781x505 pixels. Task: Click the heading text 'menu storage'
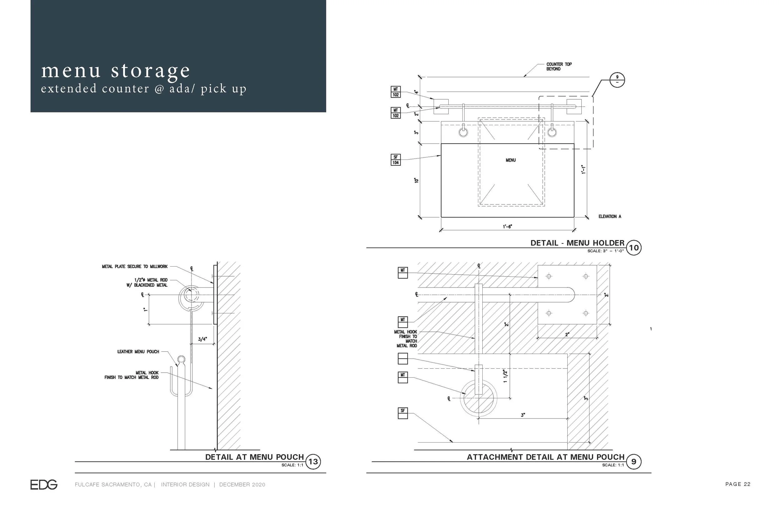[x=115, y=71]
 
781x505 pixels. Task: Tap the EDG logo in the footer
[x=44, y=485]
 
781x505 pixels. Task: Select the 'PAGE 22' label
[x=738, y=484]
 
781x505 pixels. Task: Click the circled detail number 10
[x=634, y=248]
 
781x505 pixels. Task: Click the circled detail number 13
[x=313, y=462]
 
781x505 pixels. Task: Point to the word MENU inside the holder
[x=510, y=160]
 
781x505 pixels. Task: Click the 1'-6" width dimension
[x=507, y=227]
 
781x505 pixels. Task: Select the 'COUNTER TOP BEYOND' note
[x=559, y=66]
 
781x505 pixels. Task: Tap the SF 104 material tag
[x=395, y=160]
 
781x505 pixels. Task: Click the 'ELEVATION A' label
[x=610, y=216]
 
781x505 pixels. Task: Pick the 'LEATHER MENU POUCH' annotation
[x=138, y=352]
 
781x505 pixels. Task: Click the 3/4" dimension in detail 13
[x=202, y=339]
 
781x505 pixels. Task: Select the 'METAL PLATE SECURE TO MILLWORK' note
[x=135, y=267]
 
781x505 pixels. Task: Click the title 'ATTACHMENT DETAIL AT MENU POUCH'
[x=545, y=457]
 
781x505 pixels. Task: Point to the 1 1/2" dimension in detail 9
[x=505, y=376]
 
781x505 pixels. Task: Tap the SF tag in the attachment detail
[x=403, y=413]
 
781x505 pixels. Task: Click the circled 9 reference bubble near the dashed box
[x=617, y=80]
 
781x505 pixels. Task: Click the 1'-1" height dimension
[x=584, y=169]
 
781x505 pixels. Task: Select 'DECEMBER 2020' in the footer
[x=242, y=485]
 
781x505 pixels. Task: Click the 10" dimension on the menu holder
[x=416, y=180]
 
